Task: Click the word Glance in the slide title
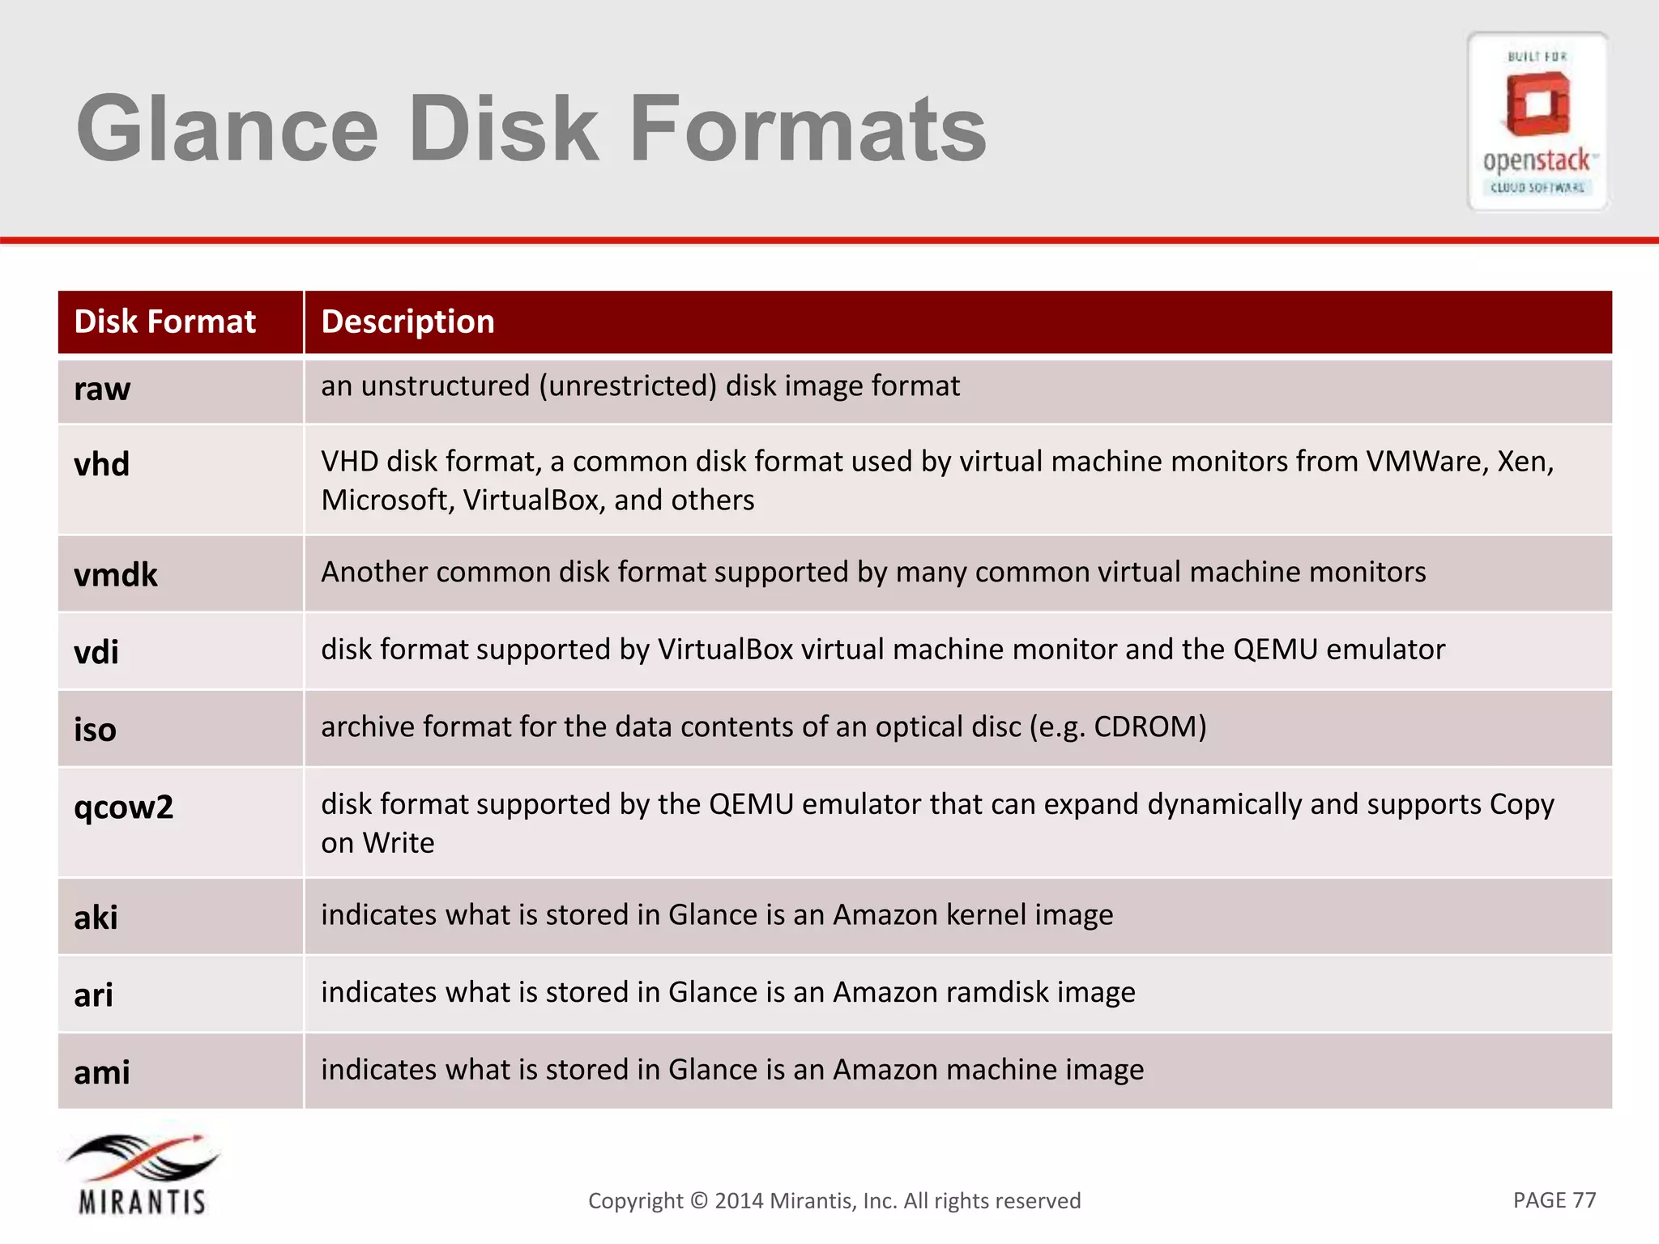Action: coord(228,129)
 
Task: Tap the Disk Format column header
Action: coord(164,322)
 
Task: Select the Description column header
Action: coord(407,322)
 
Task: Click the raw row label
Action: coord(102,390)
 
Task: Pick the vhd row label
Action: coord(101,465)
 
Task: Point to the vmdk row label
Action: coord(115,575)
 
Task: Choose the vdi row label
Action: coord(96,652)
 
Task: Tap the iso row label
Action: coord(95,730)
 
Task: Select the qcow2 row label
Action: coord(123,807)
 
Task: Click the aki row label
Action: coord(96,918)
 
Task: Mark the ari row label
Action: coord(93,995)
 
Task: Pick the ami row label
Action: coord(101,1072)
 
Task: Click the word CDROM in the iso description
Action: coord(1145,727)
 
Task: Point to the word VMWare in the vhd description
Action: coord(1426,462)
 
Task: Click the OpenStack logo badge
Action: coord(1537,122)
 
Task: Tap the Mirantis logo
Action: coord(142,1175)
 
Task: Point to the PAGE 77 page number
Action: coord(1554,1200)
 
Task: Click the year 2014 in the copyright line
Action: coord(739,1201)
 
